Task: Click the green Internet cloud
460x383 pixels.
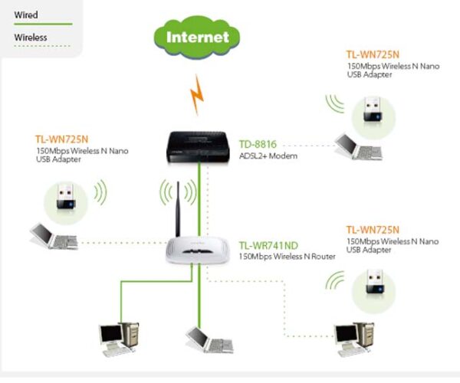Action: [x=197, y=38]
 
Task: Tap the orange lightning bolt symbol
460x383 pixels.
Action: [x=197, y=95]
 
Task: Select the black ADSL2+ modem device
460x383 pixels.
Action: [x=198, y=147]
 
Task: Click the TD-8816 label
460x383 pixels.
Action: [x=258, y=144]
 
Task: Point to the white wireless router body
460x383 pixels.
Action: [x=198, y=250]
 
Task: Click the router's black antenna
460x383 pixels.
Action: [x=178, y=209]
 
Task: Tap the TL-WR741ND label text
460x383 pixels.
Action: [x=268, y=246]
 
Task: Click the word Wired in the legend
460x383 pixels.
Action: [x=26, y=15]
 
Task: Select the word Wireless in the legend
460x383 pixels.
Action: [x=31, y=38]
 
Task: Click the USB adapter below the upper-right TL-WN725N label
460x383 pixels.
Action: [x=373, y=109]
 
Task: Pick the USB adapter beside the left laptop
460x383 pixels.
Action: [x=66, y=196]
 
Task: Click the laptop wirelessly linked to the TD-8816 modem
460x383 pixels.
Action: [x=359, y=147]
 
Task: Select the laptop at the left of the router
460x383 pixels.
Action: [x=54, y=237]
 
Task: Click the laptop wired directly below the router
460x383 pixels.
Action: [x=210, y=340]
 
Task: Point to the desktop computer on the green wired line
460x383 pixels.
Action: [x=119, y=339]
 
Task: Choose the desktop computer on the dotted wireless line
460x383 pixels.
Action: [x=355, y=339]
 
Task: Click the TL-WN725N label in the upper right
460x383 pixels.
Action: [x=373, y=55]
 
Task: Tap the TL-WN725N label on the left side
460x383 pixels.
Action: [x=61, y=139]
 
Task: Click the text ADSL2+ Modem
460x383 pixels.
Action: [x=268, y=156]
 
